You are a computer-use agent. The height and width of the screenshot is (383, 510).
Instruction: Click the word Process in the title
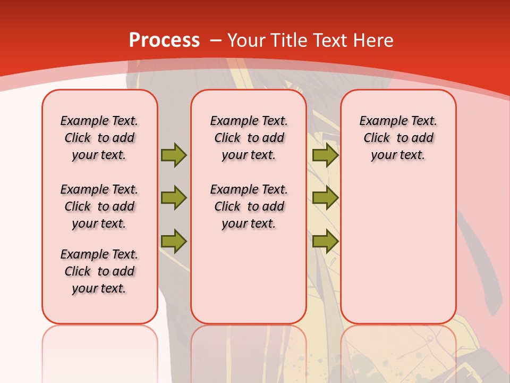(164, 40)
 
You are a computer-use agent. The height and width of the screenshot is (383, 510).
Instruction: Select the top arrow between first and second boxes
(173, 155)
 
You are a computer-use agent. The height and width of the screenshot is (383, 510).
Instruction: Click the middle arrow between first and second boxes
(173, 198)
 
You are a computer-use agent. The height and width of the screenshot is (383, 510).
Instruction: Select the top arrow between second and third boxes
(325, 155)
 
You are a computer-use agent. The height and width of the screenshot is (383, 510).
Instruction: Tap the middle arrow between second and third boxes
(325, 198)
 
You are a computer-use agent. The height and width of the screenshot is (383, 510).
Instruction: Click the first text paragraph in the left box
(99, 138)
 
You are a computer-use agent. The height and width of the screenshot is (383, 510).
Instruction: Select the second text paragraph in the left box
(99, 206)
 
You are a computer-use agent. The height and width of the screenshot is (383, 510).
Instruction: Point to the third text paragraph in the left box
(99, 271)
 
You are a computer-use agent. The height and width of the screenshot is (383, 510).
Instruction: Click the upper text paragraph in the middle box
(249, 138)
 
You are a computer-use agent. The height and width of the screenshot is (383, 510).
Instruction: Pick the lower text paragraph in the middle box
(249, 206)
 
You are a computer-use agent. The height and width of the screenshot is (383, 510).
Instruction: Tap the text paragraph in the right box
(398, 138)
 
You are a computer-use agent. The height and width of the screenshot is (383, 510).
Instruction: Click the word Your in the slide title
(246, 40)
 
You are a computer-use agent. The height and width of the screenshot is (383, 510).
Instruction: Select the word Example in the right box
(380, 121)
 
